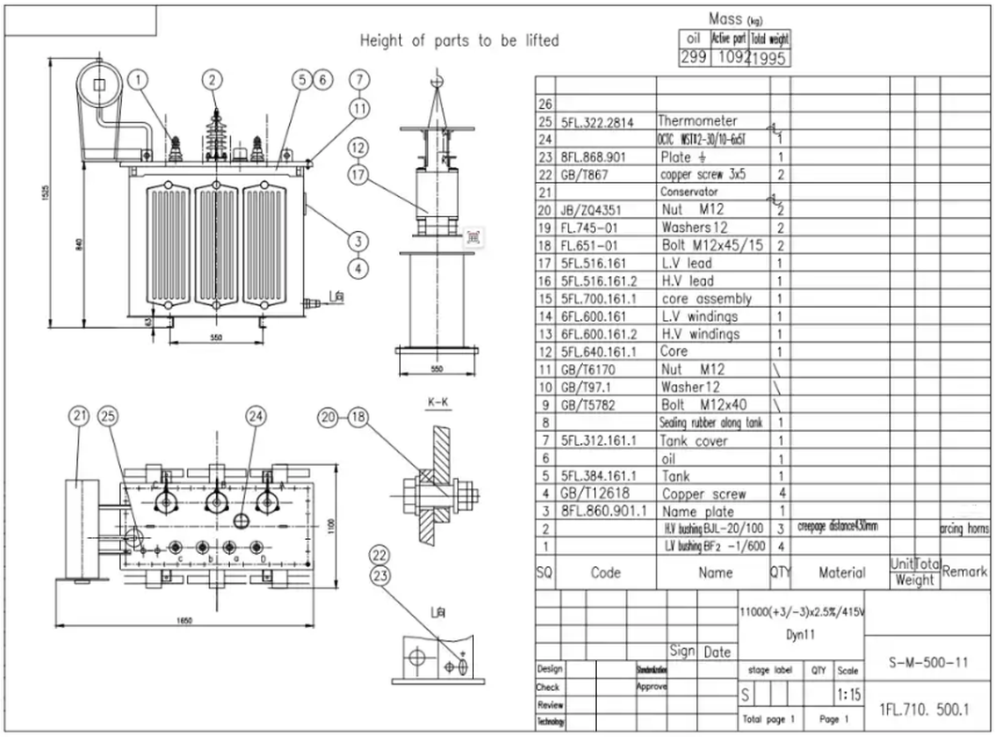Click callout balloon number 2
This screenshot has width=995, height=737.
(213, 80)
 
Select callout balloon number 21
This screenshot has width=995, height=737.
(81, 416)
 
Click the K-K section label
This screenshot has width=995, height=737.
(437, 403)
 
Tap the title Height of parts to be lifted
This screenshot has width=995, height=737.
(460, 40)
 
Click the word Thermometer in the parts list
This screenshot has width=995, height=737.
(697, 121)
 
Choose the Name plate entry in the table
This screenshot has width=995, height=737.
(698, 512)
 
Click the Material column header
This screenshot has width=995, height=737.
(841, 572)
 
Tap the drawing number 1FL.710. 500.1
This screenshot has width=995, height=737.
(924, 710)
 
